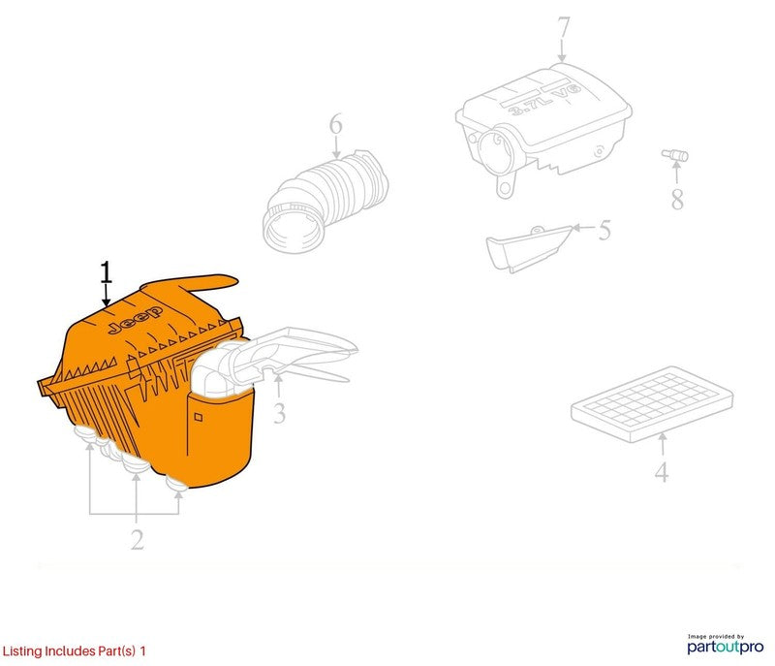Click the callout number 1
107,272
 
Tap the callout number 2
138,539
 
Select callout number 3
279,413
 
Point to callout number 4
662,472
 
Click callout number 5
604,230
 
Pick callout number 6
335,124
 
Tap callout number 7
564,27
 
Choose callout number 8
677,199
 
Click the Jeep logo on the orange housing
136,319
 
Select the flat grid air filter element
651,403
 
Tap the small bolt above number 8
675,155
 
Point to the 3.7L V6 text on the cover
544,101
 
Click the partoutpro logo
725,645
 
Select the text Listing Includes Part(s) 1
75,650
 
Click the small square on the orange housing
199,417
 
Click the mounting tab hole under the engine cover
505,188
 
